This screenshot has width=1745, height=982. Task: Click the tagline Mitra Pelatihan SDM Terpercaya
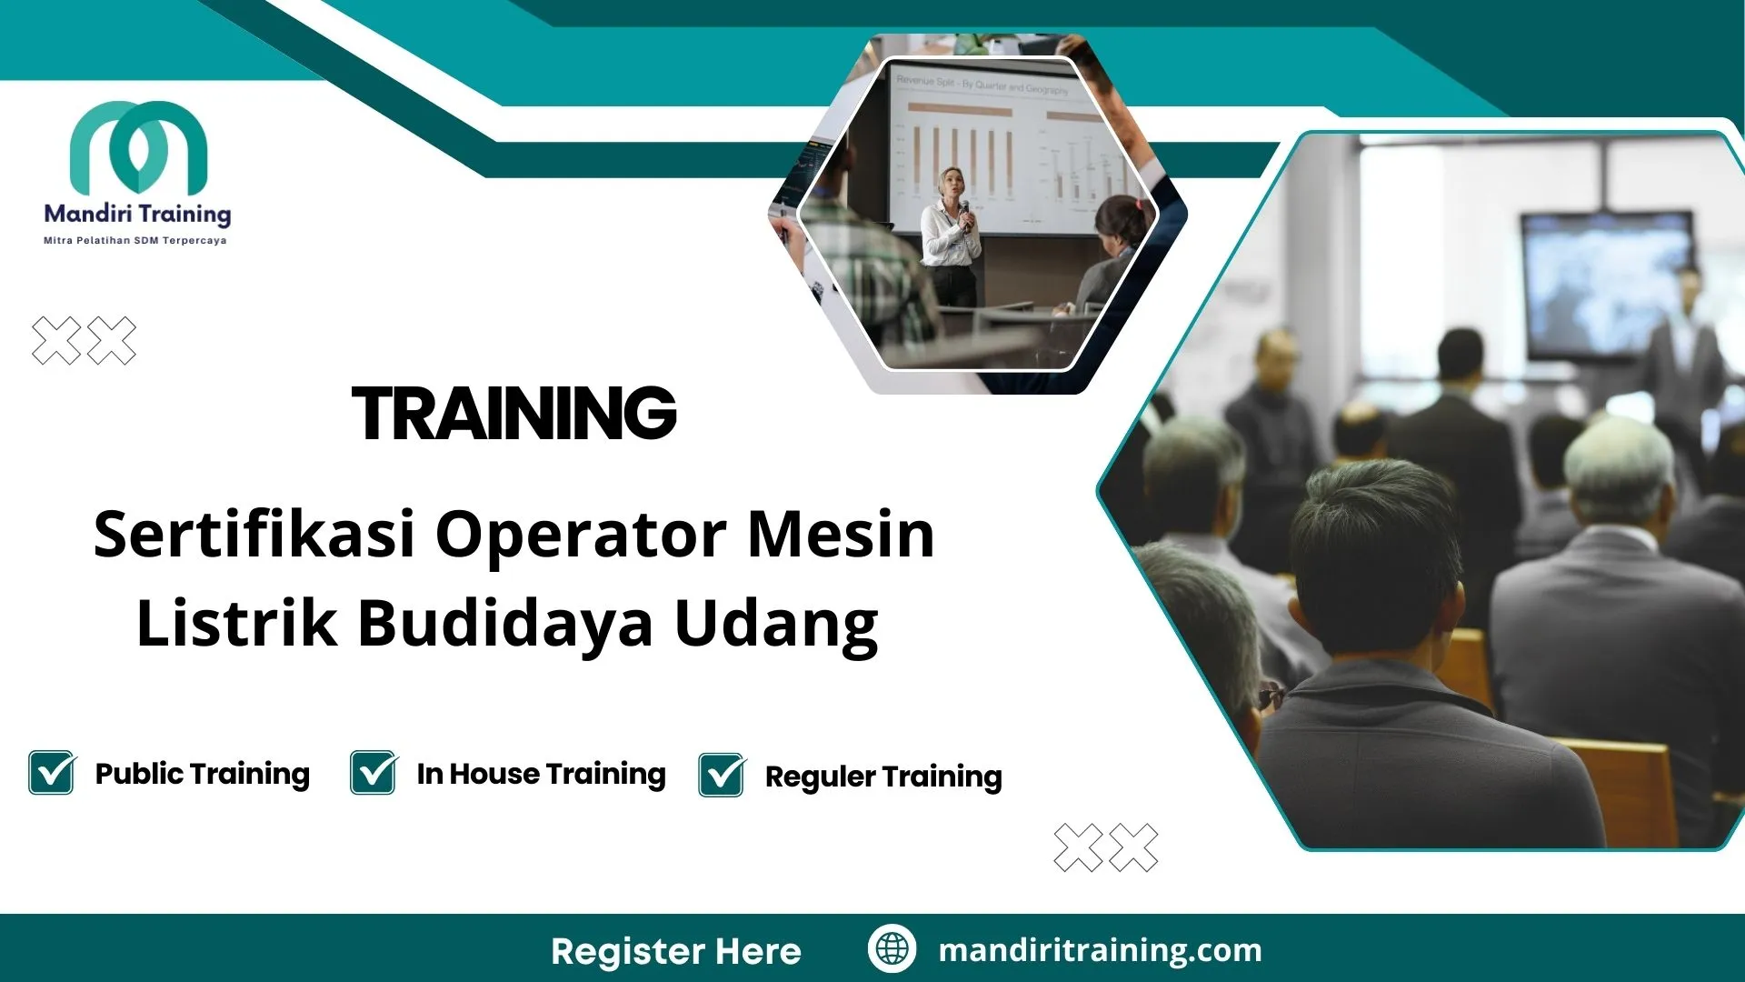coord(135,241)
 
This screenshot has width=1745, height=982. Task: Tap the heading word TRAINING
coord(514,414)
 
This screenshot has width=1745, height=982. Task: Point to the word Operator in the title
coord(581,536)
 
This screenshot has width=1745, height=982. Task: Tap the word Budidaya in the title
coord(505,625)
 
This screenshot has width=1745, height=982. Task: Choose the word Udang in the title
coord(776,626)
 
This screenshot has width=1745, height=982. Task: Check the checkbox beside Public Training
coord(52,773)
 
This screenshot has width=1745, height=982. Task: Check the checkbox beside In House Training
coord(374,773)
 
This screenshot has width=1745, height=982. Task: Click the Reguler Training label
coord(883,777)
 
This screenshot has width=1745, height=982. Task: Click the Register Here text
coord(676,951)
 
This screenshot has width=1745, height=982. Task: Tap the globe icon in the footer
coord(892,948)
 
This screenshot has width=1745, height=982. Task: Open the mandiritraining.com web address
coord(1100,950)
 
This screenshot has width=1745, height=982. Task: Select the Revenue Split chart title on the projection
coord(982,85)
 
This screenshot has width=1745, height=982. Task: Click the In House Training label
coord(541,774)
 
